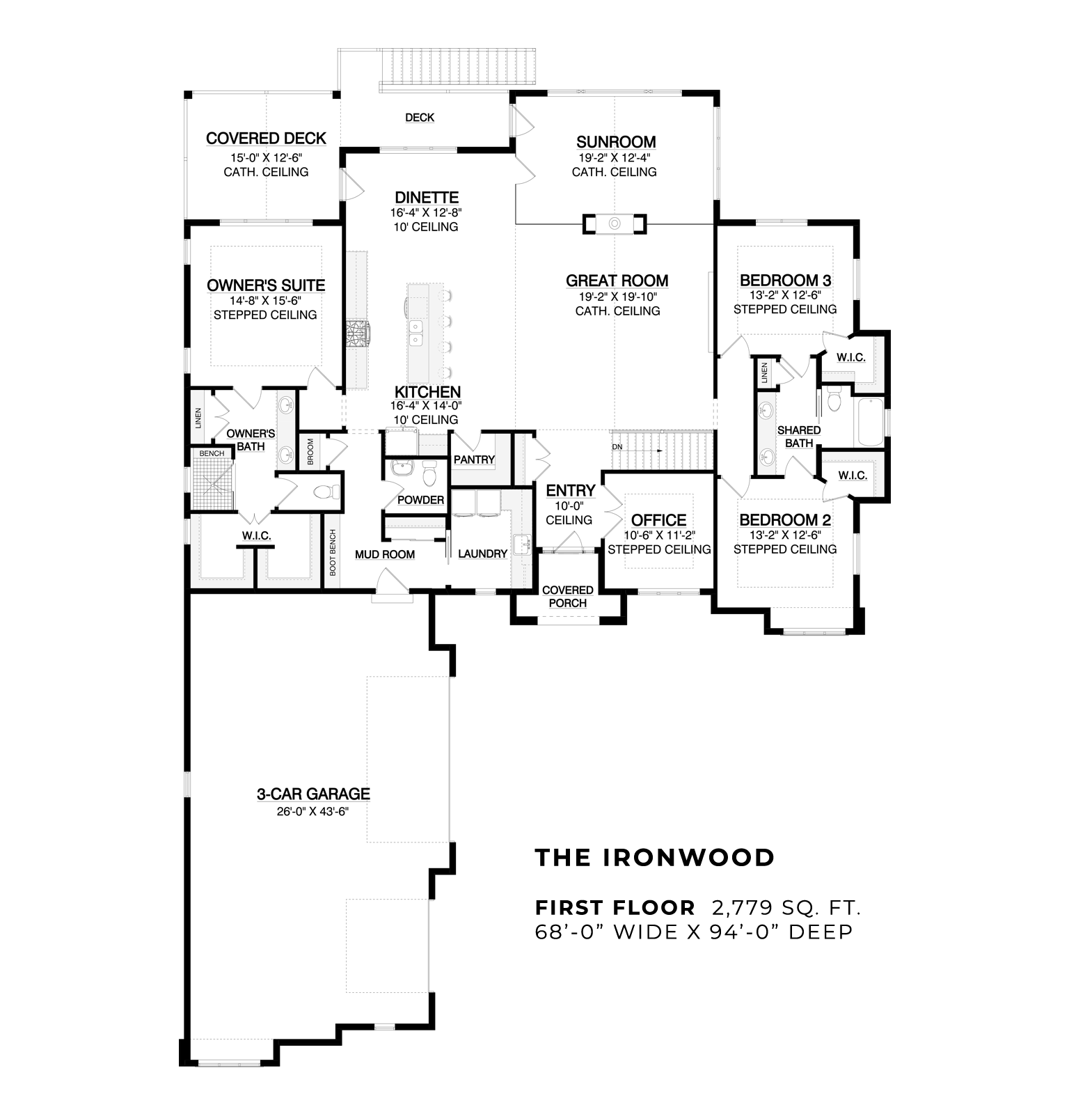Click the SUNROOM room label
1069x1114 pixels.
tap(616, 143)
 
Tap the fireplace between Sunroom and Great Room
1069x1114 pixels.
tap(615, 223)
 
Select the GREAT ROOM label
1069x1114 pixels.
tap(617, 281)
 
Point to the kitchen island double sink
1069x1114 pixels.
tap(416, 333)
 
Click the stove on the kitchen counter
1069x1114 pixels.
tap(358, 332)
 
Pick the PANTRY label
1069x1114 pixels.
tap(474, 460)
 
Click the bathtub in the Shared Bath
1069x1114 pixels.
tap(870, 422)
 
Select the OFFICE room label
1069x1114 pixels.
tap(658, 520)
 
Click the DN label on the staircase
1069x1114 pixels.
tap(617, 446)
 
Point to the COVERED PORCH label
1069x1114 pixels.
tap(568, 597)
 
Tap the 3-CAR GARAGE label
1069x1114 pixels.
tap(313, 794)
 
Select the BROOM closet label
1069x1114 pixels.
tap(310, 452)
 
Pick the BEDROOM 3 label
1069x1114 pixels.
tap(785, 281)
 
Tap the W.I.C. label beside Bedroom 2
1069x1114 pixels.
tap(853, 476)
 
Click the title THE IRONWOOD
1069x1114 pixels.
tap(654, 858)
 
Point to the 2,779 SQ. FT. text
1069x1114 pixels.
tap(786, 908)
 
